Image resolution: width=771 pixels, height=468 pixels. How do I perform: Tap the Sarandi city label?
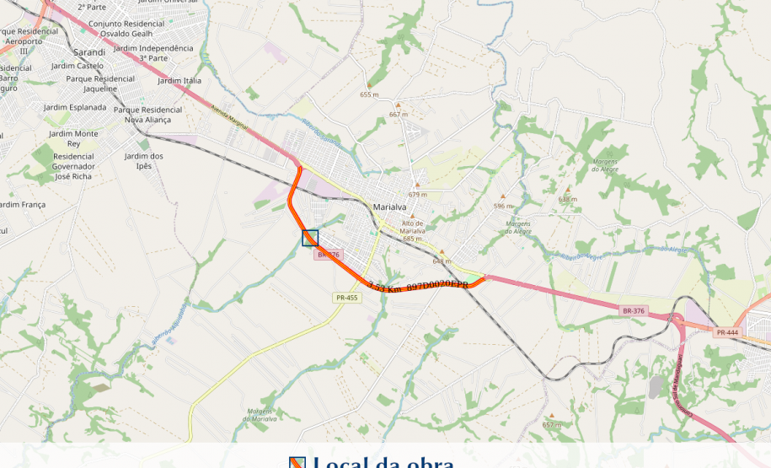(x=88, y=52)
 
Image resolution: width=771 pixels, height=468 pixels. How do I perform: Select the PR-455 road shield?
(x=346, y=298)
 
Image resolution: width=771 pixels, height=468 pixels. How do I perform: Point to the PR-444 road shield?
(x=726, y=332)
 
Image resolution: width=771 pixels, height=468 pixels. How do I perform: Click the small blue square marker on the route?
(x=310, y=238)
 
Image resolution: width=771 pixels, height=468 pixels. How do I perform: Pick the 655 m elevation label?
(x=369, y=94)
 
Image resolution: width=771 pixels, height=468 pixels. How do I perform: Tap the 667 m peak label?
(x=398, y=114)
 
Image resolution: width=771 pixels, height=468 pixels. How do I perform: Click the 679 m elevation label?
(x=417, y=194)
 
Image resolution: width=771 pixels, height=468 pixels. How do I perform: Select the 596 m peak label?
(x=503, y=206)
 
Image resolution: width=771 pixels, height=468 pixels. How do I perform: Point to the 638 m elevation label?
(x=568, y=199)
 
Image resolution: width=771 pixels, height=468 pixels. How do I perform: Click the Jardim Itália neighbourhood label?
(x=179, y=81)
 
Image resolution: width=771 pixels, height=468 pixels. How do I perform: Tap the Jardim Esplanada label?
(x=75, y=107)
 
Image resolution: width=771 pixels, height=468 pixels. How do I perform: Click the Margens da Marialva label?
(x=260, y=414)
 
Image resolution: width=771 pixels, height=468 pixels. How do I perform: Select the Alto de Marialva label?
(x=412, y=227)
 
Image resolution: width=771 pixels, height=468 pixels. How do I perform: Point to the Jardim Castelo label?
(x=77, y=65)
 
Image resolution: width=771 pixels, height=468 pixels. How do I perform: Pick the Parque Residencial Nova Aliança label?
(x=147, y=115)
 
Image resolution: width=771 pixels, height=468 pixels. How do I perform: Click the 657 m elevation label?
(x=551, y=425)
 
